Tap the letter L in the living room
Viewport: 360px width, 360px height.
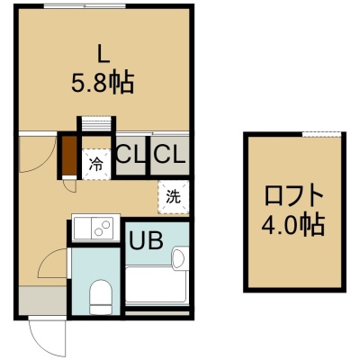point(103,55)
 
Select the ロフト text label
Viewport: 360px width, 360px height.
point(293,196)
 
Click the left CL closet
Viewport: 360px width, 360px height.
point(130,155)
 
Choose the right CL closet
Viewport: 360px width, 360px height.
point(169,155)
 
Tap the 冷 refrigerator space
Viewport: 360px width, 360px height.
point(96,165)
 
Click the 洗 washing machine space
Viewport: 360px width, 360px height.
point(174,197)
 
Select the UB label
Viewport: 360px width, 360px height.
point(146,240)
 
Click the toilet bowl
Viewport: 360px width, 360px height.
point(101,296)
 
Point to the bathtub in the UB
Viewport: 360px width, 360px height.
point(157,284)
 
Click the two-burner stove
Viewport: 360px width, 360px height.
point(102,228)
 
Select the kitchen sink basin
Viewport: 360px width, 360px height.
point(82,228)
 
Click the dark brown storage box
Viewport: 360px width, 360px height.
point(69,155)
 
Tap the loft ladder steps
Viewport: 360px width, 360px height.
point(96,123)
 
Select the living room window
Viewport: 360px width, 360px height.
point(85,6)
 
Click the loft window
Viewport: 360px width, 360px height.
point(321,134)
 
